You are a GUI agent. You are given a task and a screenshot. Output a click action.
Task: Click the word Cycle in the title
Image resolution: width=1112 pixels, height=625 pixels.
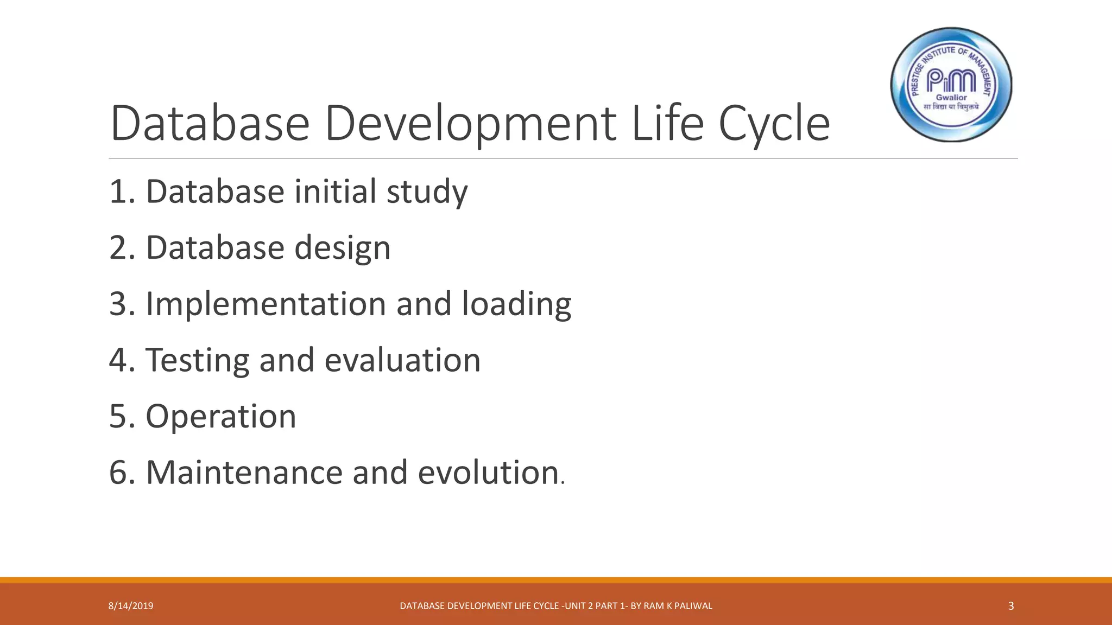click(774, 124)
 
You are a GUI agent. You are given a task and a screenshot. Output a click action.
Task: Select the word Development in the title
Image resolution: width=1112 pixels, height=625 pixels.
click(470, 124)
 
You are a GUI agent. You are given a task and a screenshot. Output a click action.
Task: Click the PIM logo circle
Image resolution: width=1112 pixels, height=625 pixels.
click(951, 85)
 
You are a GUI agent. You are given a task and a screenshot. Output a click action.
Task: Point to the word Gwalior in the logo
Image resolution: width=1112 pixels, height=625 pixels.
click(951, 98)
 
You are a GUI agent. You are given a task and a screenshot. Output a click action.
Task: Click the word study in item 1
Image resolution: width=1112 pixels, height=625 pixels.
click(427, 192)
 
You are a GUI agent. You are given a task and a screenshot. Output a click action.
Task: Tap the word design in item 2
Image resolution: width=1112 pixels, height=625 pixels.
click(342, 248)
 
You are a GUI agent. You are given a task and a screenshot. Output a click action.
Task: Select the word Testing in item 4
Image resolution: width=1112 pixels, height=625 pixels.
click(197, 361)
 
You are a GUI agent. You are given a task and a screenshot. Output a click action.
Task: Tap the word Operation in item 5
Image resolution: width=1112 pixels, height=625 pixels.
click(220, 416)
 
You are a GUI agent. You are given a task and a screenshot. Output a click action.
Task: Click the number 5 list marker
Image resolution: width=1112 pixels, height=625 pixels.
click(118, 416)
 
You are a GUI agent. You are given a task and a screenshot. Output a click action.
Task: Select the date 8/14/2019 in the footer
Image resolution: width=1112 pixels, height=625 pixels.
click(131, 606)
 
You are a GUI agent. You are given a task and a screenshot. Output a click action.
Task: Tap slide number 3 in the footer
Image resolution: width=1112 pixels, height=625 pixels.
click(1010, 606)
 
